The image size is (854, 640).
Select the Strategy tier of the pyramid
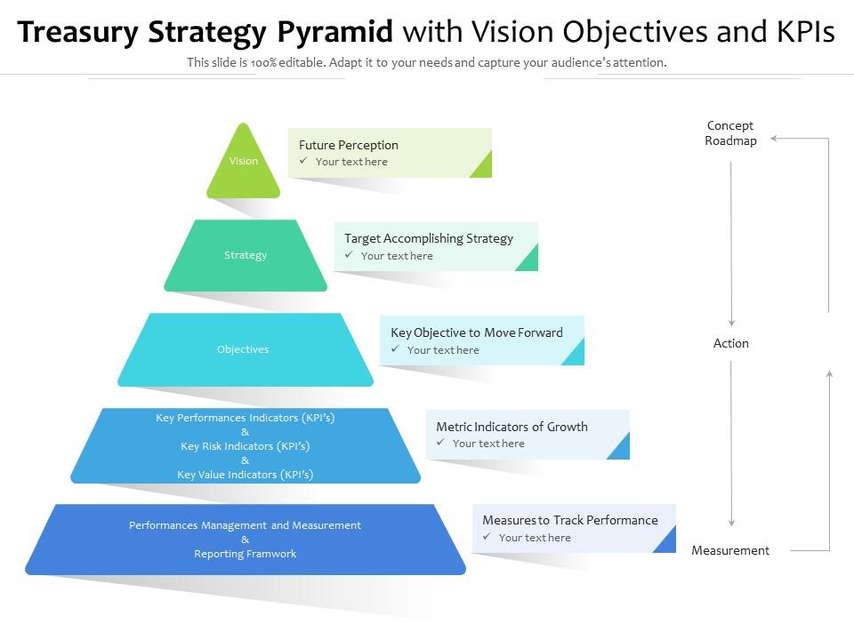[246, 255]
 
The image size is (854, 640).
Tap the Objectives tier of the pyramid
[243, 349]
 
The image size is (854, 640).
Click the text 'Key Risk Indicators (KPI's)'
[246, 446]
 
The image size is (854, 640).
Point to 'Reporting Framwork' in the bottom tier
[246, 554]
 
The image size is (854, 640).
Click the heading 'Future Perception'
[349, 145]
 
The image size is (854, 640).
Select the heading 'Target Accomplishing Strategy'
[429, 238]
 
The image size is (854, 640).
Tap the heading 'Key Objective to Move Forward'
[477, 332]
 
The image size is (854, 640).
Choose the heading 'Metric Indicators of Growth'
[512, 427]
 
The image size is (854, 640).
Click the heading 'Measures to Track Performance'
[570, 520]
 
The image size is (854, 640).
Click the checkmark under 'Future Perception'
[303, 161]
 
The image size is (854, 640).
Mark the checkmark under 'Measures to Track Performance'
[487, 537]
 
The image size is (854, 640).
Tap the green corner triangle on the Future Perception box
[483, 166]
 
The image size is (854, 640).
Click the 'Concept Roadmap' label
[730, 133]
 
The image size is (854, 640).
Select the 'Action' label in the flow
[731, 343]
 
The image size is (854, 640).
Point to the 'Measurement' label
[730, 550]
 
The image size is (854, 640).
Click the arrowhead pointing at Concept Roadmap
[775, 139]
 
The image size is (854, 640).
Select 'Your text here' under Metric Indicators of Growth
[488, 444]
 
